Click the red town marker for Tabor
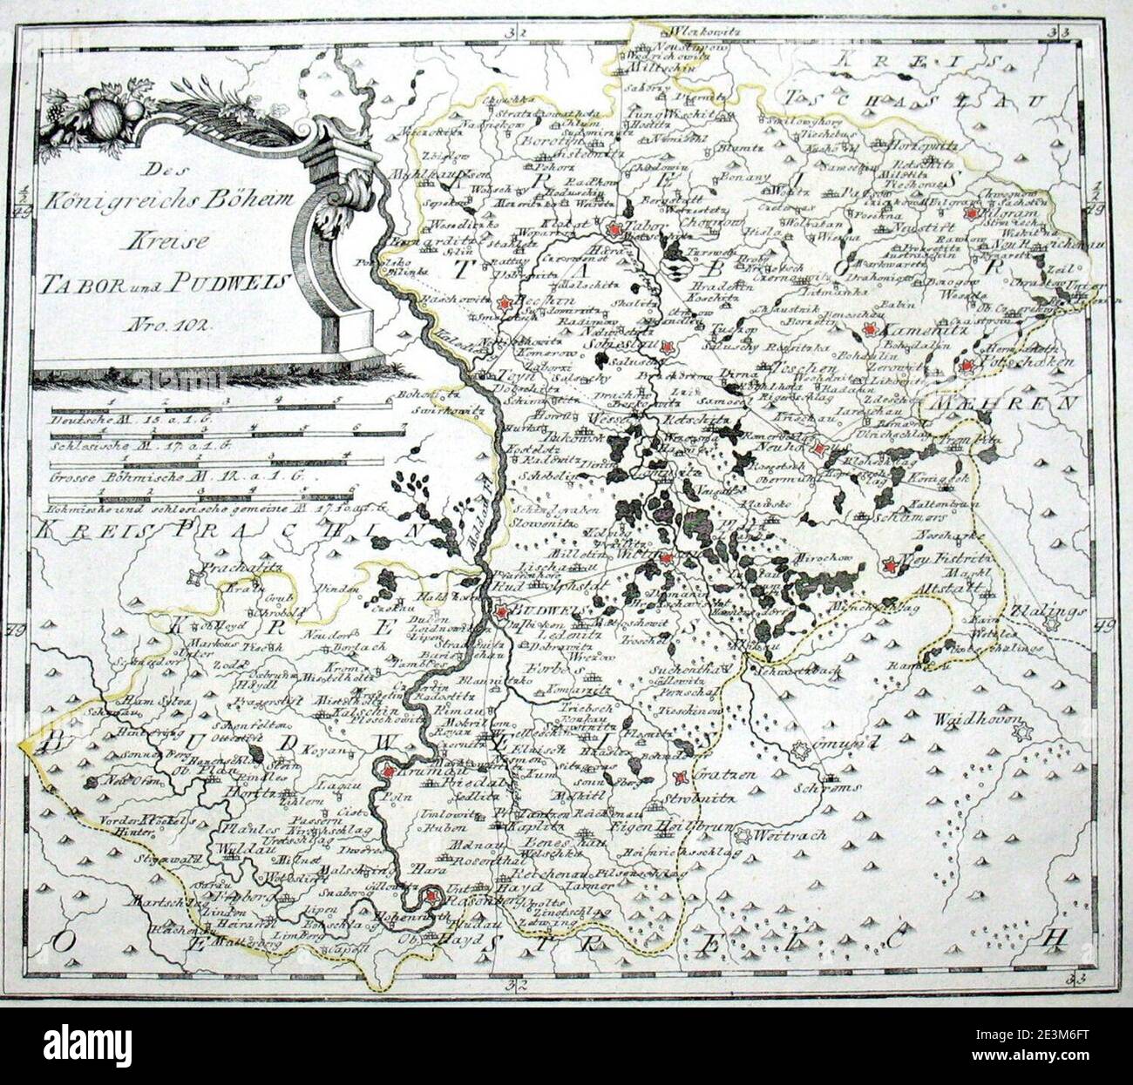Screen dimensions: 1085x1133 (x=616, y=228)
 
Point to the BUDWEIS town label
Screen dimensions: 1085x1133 (x=539, y=611)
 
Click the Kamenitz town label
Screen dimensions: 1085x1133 (x=915, y=330)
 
